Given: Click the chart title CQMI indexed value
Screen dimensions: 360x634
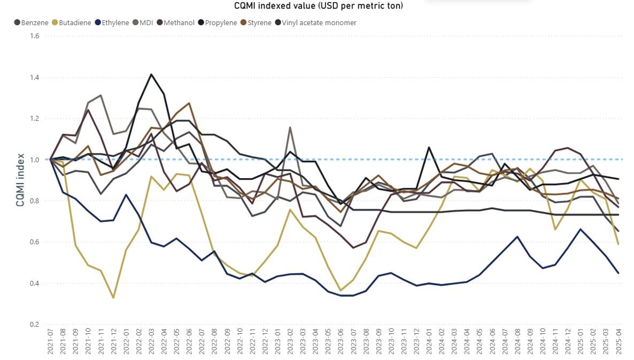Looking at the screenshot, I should (319, 6).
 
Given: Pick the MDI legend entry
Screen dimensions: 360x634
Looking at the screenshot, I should (146, 23).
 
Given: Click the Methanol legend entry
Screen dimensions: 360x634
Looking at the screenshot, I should (179, 23).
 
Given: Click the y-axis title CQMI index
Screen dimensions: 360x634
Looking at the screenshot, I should (19, 180).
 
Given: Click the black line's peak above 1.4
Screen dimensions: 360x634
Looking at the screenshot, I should (151, 74).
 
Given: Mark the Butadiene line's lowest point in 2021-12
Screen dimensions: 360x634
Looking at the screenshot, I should (113, 297).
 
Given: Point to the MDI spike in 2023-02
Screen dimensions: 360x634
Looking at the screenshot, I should (290, 127).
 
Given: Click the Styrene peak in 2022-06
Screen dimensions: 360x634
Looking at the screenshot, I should (189, 103).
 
